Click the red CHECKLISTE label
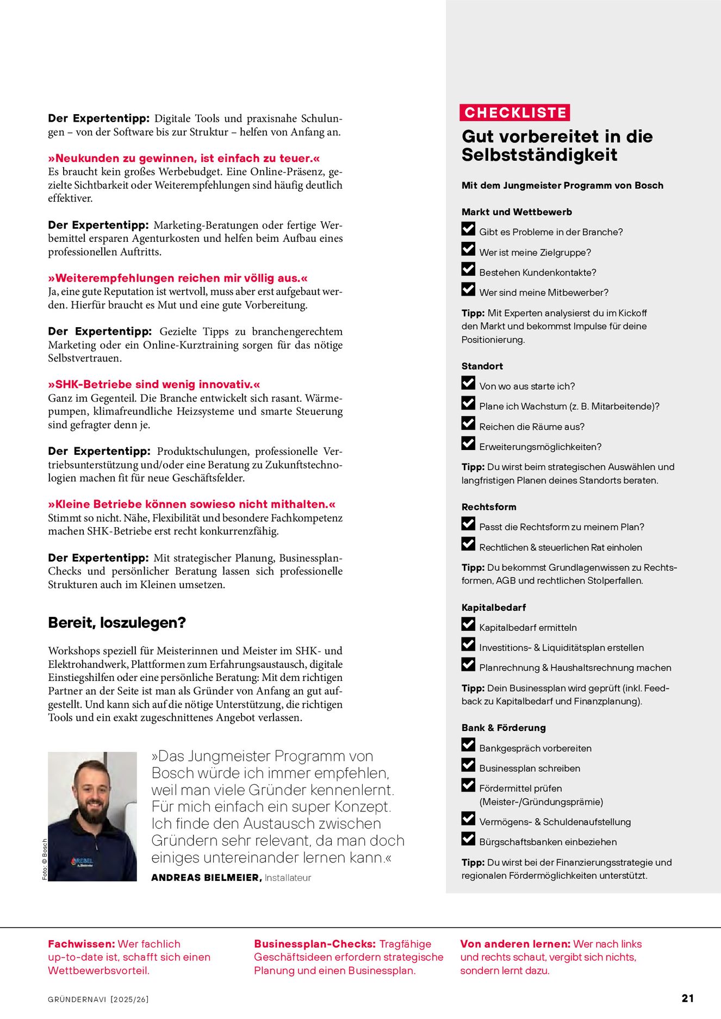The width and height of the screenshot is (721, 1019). [x=515, y=112]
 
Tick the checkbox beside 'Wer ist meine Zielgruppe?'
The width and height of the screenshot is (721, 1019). [x=468, y=249]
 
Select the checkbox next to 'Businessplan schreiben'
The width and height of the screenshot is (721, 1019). [x=468, y=765]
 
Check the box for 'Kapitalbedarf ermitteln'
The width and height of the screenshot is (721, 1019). [x=468, y=624]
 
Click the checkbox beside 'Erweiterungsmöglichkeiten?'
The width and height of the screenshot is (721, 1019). [x=468, y=444]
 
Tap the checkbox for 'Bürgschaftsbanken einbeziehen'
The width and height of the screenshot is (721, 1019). [x=468, y=839]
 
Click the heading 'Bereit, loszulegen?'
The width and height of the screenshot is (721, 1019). [x=117, y=623]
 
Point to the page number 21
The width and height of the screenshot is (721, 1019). [x=687, y=998]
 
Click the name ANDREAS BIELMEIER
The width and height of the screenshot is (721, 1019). [x=206, y=878]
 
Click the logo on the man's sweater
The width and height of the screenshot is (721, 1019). [x=82, y=861]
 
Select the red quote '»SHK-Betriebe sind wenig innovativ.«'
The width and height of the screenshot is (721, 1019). [x=154, y=384]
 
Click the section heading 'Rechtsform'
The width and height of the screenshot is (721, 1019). [x=489, y=507]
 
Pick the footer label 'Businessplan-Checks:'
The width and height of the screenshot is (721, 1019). [x=315, y=944]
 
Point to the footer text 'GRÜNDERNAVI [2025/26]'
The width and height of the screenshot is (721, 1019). [x=98, y=999]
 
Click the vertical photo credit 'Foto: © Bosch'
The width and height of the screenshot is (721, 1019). [x=45, y=859]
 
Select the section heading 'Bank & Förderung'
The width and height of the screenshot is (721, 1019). [x=504, y=728]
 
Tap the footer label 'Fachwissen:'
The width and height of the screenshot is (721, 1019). [x=82, y=944]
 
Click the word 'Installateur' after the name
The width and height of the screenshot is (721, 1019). [x=288, y=878]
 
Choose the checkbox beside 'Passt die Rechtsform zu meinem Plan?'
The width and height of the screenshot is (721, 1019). [x=468, y=524]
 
